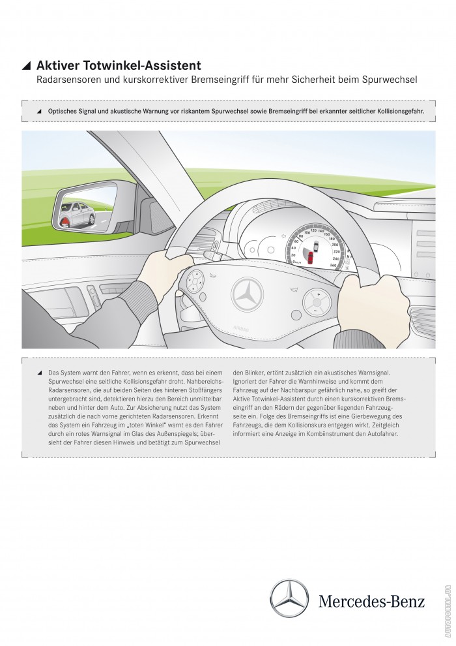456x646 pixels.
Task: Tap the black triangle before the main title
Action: point(26,65)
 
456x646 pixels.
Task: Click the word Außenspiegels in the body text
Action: point(175,433)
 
